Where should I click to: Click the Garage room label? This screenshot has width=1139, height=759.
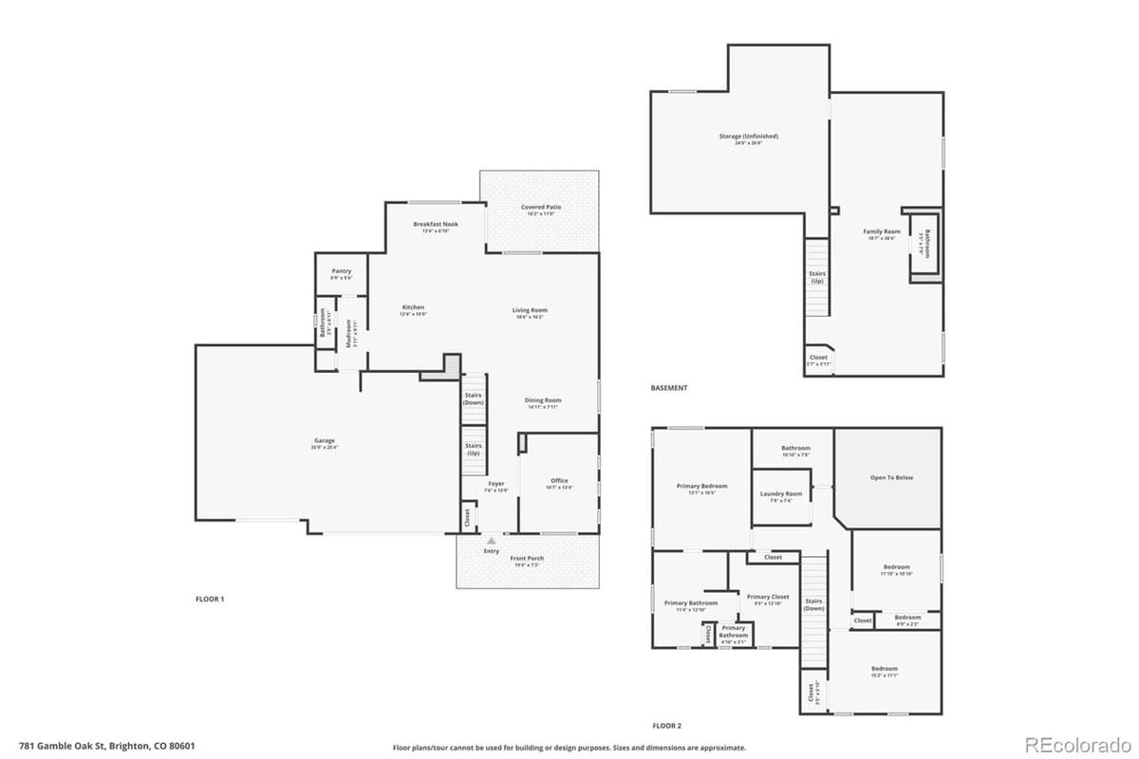point(325,440)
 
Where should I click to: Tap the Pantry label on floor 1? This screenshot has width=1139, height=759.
point(341,271)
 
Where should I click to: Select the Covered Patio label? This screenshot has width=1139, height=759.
point(541,207)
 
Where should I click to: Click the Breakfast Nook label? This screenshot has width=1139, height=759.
point(436,224)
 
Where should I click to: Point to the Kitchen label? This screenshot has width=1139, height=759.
point(413,307)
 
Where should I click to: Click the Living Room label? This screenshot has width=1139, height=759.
point(530,310)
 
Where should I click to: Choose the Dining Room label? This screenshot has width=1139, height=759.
point(543,400)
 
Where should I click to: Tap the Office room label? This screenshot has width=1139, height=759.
point(559,481)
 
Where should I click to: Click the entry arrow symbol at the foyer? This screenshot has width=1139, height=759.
point(491,541)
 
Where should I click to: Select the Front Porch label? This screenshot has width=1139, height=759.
point(529,559)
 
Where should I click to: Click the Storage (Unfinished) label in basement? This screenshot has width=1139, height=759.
point(735,137)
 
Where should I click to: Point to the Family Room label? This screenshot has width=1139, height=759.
point(882,231)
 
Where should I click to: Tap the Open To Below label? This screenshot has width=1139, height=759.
point(891,477)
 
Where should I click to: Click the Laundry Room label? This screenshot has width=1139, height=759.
point(781,493)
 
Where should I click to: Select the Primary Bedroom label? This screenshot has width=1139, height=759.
point(701,486)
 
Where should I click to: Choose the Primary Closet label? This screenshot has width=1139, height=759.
point(768,597)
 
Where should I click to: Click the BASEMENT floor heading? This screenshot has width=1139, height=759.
point(669,388)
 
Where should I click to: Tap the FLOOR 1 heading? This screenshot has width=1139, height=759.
point(209,599)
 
